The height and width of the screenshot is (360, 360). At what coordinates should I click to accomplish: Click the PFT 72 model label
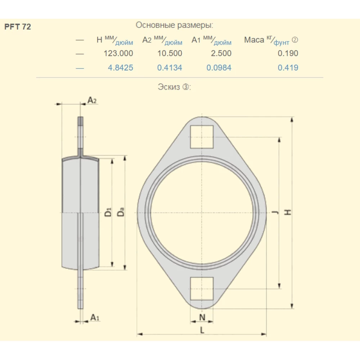pyautogui.click(x=18, y=27)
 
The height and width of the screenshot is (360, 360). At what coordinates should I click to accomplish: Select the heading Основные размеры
pyautogui.click(x=174, y=25)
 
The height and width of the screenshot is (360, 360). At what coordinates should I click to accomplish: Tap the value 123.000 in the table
pyautogui.click(x=118, y=53)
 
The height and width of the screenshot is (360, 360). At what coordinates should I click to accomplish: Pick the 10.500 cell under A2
pyautogui.click(x=170, y=53)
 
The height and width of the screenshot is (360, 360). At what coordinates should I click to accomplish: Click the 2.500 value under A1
pyautogui.click(x=219, y=53)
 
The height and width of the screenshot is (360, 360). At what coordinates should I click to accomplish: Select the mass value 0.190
pyautogui.click(x=288, y=53)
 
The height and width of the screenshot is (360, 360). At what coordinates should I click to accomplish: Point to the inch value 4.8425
pyautogui.click(x=120, y=68)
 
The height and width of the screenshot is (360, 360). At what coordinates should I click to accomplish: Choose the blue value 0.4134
pyautogui.click(x=170, y=68)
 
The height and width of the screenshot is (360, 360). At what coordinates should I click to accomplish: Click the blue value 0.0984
pyautogui.click(x=219, y=68)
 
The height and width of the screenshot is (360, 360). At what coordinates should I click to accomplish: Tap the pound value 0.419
pyautogui.click(x=288, y=68)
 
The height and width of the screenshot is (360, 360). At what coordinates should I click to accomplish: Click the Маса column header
pyautogui.click(x=254, y=40)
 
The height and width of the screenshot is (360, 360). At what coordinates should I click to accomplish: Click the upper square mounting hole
pyautogui.click(x=202, y=137)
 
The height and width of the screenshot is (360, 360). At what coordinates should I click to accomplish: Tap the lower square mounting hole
pyautogui.click(x=202, y=289)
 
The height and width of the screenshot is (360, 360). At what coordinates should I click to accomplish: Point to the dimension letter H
pyautogui.click(x=288, y=212)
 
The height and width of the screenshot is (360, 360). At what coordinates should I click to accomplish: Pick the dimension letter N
pyautogui.click(x=202, y=317)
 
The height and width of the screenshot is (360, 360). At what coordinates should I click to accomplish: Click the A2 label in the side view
pyautogui.click(x=92, y=100)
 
